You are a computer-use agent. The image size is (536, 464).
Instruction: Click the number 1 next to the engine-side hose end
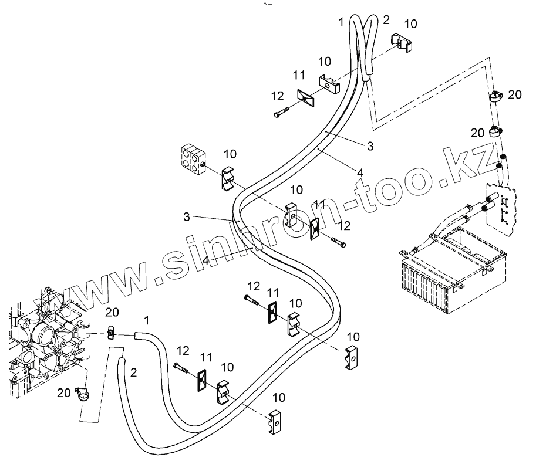(147, 320)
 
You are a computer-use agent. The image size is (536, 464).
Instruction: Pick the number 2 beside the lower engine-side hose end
(133, 372)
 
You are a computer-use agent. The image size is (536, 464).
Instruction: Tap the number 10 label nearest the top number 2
(412, 23)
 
